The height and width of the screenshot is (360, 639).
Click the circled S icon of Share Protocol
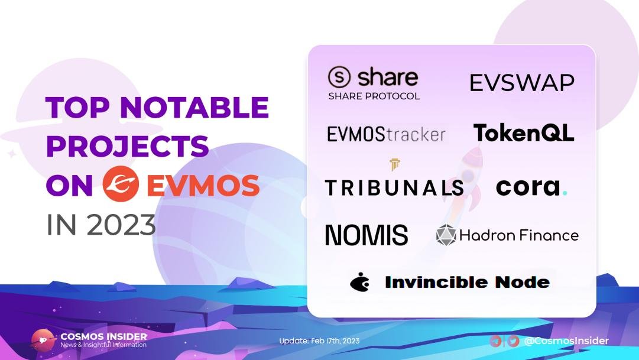pyautogui.click(x=339, y=78)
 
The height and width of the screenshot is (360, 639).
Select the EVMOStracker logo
pyautogui.click(x=386, y=134)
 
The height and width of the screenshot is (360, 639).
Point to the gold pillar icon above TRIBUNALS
pyautogui.click(x=394, y=165)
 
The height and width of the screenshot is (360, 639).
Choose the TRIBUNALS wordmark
pyautogui.click(x=394, y=187)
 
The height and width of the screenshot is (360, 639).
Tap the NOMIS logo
pyautogui.click(x=366, y=235)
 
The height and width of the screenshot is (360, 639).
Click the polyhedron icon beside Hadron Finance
pyautogui.click(x=446, y=235)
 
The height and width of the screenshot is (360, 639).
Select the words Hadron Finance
pyautogui.click(x=518, y=235)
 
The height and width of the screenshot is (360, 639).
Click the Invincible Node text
pyautogui.click(x=467, y=283)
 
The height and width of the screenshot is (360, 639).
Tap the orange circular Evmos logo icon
pyautogui.click(x=121, y=184)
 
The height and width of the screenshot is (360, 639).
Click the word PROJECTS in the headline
pyautogui.click(x=127, y=146)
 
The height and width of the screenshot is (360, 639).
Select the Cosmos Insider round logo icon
pyautogui.click(x=43, y=340)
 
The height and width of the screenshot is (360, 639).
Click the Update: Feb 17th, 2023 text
pyautogui.click(x=319, y=341)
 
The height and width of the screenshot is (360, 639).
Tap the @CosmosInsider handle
pyautogui.click(x=566, y=341)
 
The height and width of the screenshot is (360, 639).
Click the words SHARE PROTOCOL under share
pyautogui.click(x=374, y=96)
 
